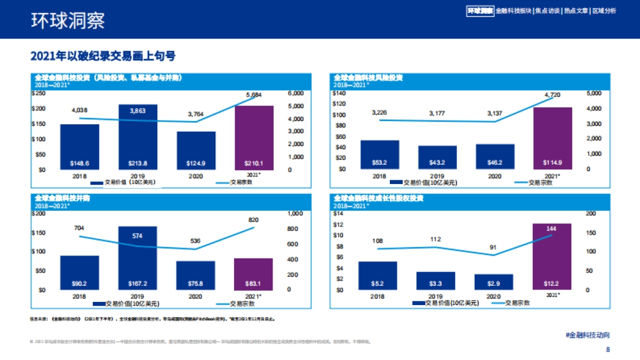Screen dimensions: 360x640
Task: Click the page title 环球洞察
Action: point(67,20)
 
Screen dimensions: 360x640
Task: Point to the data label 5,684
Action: point(254,95)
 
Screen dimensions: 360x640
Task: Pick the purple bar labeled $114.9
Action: point(553,139)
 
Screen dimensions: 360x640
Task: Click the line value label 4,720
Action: point(553,95)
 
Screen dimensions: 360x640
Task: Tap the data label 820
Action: point(254,219)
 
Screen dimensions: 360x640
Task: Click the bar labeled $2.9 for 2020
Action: point(494,282)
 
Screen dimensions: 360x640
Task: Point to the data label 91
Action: point(494,247)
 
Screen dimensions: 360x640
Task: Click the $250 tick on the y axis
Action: point(39,93)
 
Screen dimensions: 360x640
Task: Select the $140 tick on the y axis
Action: point(339,93)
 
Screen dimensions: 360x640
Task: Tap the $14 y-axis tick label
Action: point(338,213)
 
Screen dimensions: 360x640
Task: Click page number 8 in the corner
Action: point(607,350)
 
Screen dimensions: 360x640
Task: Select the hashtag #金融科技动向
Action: point(587,335)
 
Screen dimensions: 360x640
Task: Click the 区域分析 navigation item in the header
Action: point(604,11)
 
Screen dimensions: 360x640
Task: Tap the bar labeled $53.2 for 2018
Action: point(379,155)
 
